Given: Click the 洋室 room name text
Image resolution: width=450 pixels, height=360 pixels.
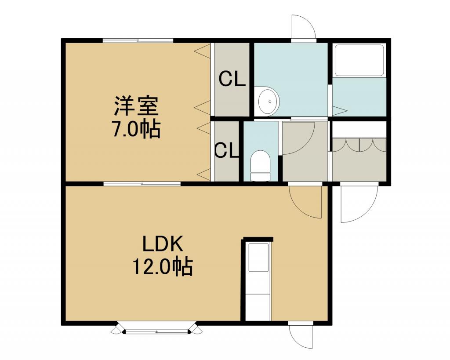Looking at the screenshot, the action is [137, 106].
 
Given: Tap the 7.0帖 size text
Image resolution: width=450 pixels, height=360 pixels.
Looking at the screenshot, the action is [137, 129].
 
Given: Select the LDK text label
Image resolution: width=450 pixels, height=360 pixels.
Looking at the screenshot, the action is [163, 245].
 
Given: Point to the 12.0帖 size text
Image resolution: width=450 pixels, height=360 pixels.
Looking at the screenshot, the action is [163, 267].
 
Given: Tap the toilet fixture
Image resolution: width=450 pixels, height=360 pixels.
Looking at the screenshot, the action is [261, 166].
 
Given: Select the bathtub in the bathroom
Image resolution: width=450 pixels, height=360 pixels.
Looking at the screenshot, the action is [359, 60].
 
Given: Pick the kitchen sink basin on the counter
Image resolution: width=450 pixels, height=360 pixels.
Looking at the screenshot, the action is [258, 258].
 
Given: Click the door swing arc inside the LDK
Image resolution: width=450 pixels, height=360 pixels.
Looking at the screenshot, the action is [305, 202].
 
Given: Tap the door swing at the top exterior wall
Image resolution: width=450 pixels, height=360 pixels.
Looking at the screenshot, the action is [304, 27].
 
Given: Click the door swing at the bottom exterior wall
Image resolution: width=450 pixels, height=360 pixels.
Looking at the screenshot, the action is [301, 337].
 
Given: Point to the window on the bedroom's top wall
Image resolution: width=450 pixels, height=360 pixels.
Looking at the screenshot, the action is [138, 41].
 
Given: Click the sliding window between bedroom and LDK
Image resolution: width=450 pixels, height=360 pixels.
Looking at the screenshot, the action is [142, 184].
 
